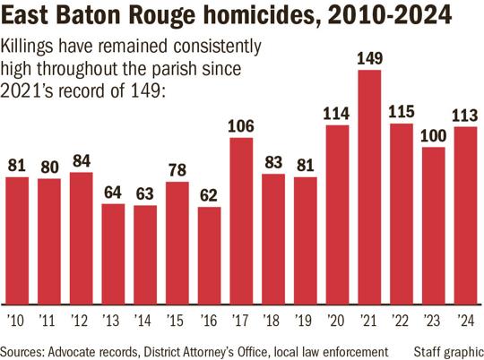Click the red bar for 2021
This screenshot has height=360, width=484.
pos(370,188)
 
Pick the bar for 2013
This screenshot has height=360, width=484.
pos(113,254)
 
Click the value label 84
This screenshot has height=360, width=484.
pos(81,161)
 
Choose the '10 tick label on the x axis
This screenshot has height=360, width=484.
pos(16,320)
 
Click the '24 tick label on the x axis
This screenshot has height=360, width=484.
pos(466,320)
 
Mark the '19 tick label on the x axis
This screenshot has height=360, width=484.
pos(306,320)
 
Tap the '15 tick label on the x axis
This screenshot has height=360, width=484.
pos(177,320)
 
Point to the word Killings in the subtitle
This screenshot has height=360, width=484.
pos(31,46)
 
